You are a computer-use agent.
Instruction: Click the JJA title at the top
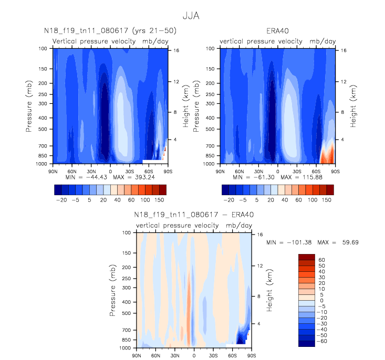point(192,16)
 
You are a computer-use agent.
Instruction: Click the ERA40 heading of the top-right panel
point(278,31)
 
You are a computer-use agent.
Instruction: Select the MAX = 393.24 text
point(118,177)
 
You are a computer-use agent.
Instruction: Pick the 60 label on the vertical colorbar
point(321,260)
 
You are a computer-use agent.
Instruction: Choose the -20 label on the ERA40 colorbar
point(228,200)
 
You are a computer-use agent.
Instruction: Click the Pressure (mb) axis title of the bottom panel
point(114,290)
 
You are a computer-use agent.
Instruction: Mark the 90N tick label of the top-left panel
point(52,171)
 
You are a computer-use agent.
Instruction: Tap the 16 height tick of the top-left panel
point(176,51)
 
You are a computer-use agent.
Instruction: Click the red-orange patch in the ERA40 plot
point(326,154)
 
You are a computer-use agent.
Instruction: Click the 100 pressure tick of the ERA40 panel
point(211,48)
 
